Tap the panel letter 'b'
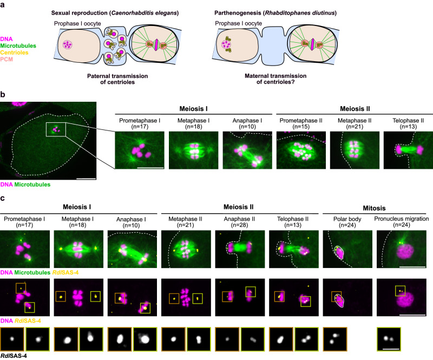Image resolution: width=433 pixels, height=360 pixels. click(3, 96)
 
